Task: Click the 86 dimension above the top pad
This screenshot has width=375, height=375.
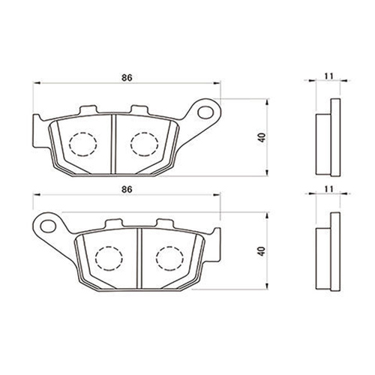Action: (127, 78)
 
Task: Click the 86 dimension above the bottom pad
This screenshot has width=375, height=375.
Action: (127, 189)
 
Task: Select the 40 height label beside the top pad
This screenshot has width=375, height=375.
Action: (262, 138)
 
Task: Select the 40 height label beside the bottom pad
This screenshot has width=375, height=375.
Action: (262, 251)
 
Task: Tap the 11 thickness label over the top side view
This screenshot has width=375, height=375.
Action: (329, 76)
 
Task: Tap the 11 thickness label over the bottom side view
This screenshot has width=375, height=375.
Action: (329, 189)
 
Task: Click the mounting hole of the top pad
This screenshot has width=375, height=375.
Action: (205, 112)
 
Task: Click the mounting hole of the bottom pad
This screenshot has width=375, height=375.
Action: (48, 226)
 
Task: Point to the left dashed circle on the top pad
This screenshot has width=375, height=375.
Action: (83, 144)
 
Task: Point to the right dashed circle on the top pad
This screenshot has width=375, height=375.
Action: (144, 144)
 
